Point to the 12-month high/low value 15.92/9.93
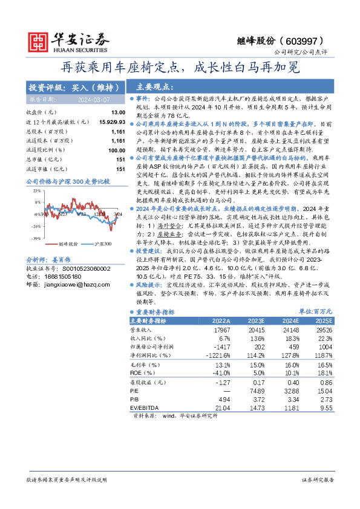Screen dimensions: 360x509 tap(111, 122)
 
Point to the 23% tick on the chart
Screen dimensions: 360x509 tap(37, 190)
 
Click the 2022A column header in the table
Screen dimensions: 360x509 tap(220, 320)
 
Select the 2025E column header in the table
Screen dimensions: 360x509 tap(323, 320)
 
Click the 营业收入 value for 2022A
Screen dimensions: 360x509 tap(222, 331)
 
